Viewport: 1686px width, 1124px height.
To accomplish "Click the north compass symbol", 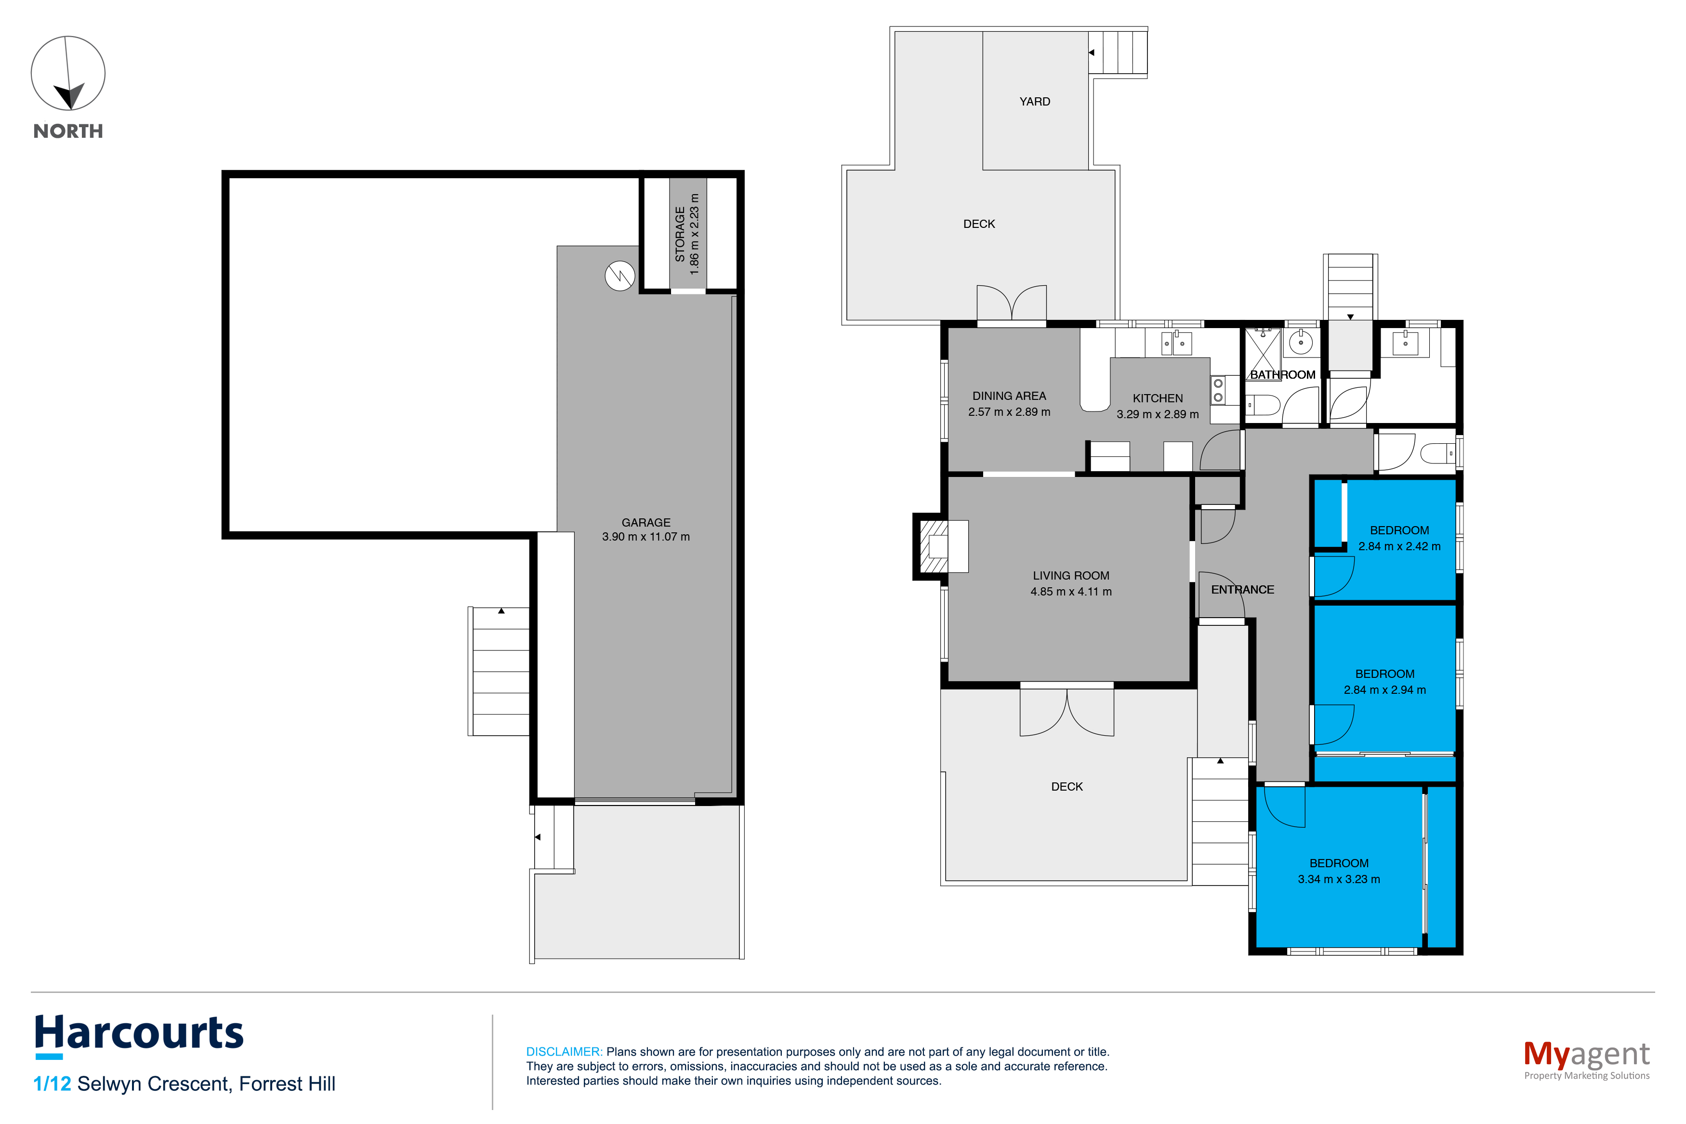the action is point(68,73).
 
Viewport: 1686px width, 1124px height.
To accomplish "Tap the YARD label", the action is point(1035,102).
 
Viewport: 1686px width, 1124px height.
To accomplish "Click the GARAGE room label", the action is point(645,523).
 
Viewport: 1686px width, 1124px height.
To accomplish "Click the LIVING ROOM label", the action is point(1070,576).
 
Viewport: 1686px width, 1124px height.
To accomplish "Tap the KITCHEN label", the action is point(1157,398).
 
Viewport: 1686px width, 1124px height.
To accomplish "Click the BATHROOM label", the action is point(1283,375).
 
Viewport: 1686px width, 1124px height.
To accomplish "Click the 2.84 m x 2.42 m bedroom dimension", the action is point(1399,546).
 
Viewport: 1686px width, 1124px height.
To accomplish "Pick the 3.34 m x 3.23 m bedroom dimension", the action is point(1339,880).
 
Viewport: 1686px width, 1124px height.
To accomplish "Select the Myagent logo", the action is point(1586,1059).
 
